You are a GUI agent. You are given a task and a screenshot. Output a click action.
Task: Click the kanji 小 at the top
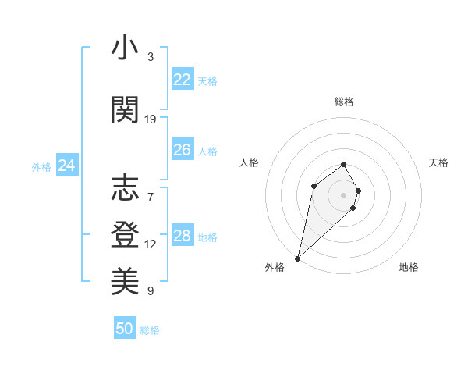click(125, 48)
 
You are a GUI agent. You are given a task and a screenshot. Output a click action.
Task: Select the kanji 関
click(125, 110)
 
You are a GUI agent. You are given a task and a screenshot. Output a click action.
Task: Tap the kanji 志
click(125, 188)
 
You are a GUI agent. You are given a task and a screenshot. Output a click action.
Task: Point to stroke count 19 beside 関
click(151, 119)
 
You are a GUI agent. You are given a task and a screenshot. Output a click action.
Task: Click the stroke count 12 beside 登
click(151, 244)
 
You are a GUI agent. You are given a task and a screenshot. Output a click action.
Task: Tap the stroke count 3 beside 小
click(151, 57)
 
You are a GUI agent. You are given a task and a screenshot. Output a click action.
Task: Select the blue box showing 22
click(182, 80)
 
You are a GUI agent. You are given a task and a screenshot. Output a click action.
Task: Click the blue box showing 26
click(182, 150)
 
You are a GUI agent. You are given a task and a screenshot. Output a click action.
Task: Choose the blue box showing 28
click(182, 236)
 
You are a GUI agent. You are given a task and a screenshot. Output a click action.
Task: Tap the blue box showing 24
click(67, 166)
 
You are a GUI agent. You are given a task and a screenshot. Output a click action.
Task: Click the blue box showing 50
click(125, 329)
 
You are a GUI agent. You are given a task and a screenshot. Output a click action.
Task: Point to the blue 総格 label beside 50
click(150, 330)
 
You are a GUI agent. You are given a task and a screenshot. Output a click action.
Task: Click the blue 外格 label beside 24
click(41, 167)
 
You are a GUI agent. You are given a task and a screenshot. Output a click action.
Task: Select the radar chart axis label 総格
click(343, 102)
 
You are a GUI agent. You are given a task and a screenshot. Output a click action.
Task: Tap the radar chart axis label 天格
click(438, 162)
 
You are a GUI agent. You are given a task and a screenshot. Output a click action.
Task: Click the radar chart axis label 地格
click(409, 267)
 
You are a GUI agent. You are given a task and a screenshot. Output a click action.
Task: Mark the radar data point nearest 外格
click(297, 258)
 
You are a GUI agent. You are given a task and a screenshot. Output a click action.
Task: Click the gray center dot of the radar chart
click(343, 194)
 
